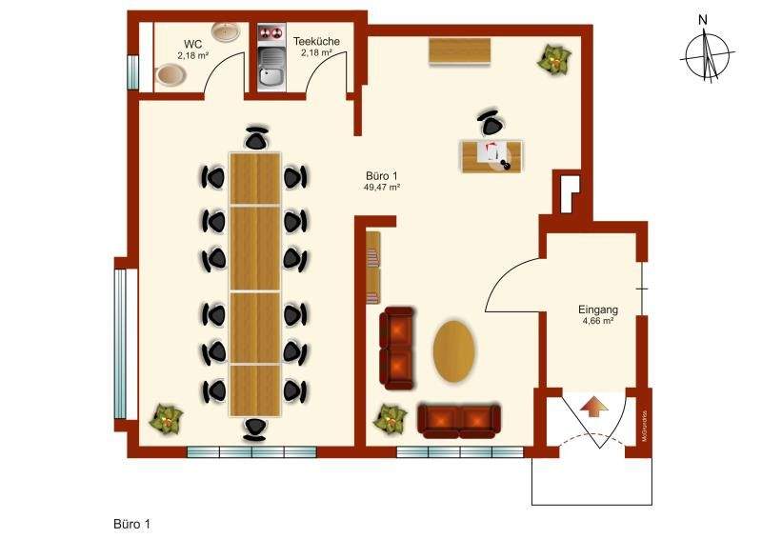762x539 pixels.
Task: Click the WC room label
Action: coord(192,44)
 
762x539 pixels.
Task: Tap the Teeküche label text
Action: coord(316,41)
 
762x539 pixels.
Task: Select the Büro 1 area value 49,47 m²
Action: coord(381,188)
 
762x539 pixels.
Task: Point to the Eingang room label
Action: coord(598,309)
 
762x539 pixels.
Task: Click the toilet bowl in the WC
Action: coord(170,73)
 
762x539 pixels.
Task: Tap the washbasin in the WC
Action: coord(226,32)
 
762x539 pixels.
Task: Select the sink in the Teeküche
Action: coord(270,72)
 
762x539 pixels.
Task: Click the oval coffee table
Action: coord(456,350)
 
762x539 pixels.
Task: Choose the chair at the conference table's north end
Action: coord(255,138)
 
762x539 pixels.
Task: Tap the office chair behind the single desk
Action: coord(491,123)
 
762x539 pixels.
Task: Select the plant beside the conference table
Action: coord(166,418)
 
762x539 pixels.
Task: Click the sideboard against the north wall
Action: coord(460,51)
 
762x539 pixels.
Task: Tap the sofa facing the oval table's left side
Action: coord(398,349)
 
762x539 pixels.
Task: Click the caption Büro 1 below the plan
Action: coord(132,524)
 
